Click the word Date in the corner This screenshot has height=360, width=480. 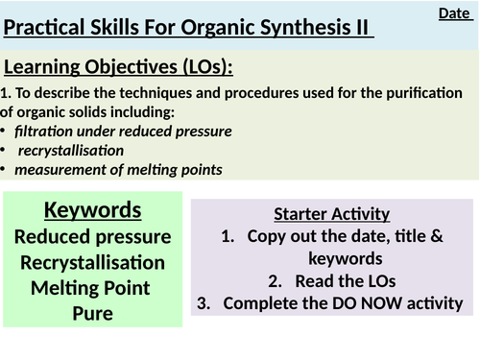[x=453, y=13]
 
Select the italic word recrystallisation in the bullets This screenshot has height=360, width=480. [x=78, y=151]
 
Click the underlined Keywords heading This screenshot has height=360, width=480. [x=93, y=210]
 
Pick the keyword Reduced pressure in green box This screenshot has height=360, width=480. [x=93, y=236]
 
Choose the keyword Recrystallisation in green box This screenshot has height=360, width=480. [x=93, y=262]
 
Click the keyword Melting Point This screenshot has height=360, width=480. [x=93, y=287]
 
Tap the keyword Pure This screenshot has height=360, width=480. [x=93, y=313]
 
